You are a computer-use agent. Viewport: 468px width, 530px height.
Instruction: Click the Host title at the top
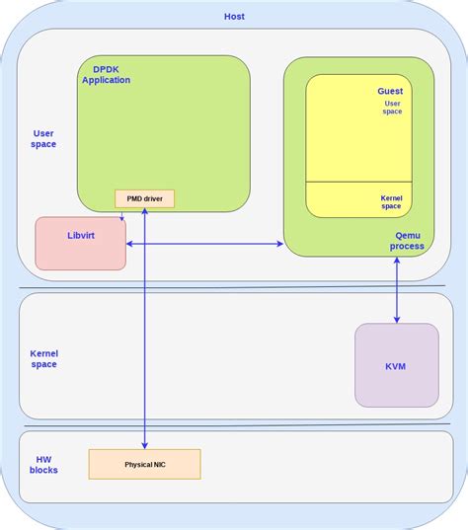click(x=234, y=17)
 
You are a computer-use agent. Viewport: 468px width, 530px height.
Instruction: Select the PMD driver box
click(x=145, y=198)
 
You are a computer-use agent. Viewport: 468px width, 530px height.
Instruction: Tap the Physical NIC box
click(x=145, y=464)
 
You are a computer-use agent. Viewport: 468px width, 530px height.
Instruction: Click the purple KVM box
click(x=396, y=365)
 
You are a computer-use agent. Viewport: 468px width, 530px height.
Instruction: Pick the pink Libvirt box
click(x=81, y=243)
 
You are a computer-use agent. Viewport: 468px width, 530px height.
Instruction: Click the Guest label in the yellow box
click(x=390, y=91)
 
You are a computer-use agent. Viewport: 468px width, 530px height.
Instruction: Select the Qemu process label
click(x=407, y=240)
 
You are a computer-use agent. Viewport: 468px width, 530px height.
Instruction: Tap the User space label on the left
click(x=43, y=138)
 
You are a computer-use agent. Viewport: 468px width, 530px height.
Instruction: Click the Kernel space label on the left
click(x=43, y=358)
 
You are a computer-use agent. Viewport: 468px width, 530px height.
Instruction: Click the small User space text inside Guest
click(x=392, y=107)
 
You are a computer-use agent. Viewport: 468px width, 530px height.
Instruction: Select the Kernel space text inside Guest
click(x=391, y=201)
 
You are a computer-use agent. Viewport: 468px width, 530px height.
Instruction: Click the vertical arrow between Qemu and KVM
click(x=397, y=289)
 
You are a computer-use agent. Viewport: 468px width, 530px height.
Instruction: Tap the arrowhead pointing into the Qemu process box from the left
click(x=279, y=243)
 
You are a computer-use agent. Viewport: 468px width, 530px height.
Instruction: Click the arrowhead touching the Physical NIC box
click(x=145, y=445)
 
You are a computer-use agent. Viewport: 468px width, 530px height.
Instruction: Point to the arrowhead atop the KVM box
click(x=397, y=319)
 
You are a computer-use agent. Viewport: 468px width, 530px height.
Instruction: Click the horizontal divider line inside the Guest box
click(x=358, y=183)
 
